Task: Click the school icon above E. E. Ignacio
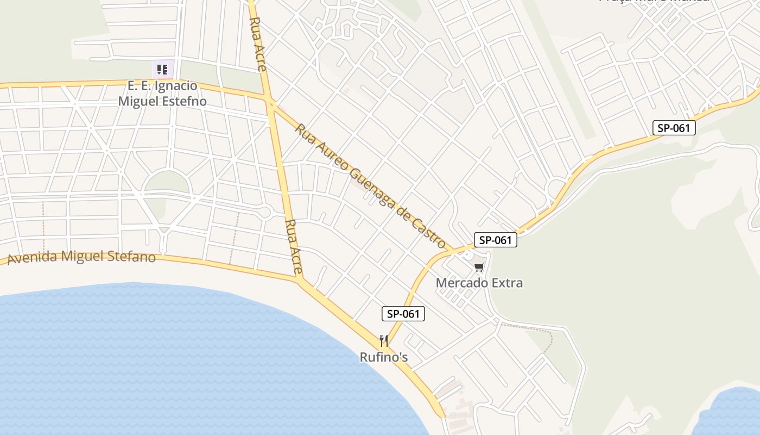(162, 70)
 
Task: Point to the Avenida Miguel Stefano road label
(81, 257)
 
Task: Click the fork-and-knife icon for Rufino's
(384, 341)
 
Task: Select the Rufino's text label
(384, 357)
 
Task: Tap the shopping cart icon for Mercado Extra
(479, 267)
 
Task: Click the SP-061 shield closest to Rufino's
(403, 314)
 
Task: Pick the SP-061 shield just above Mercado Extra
(495, 240)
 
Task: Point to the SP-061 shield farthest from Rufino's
(674, 128)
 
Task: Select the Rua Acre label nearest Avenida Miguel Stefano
(293, 246)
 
